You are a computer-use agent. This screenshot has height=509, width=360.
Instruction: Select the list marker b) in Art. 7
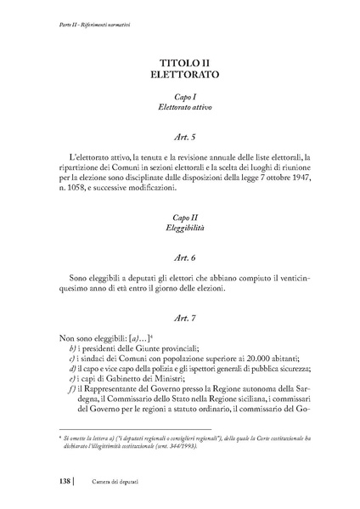point(75,347)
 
